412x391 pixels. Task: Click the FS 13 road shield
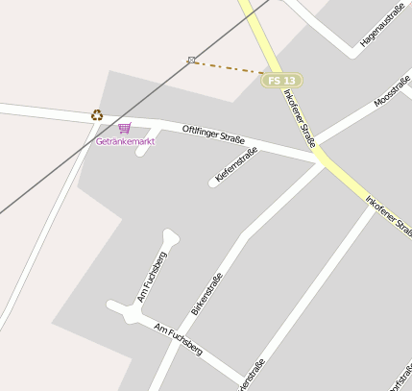tap(279, 80)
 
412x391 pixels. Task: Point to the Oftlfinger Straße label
tap(213, 134)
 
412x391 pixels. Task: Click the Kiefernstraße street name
tap(236, 164)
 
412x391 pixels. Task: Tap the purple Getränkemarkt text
tap(125, 141)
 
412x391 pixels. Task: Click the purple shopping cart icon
tap(124, 128)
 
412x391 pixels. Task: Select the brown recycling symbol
tap(97, 115)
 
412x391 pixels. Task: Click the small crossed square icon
tap(192, 60)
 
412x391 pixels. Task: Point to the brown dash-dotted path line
tap(229, 66)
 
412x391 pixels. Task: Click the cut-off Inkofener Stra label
tap(389, 216)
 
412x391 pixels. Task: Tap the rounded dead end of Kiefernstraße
tap(213, 182)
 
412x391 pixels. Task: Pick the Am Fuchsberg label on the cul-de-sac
tap(153, 277)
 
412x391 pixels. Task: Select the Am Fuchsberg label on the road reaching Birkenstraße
tap(178, 339)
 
